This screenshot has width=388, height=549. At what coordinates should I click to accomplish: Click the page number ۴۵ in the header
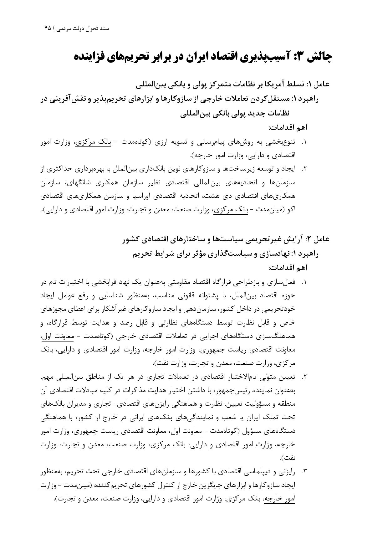(48, 28)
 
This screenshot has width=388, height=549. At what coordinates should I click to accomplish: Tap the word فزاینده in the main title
(94, 57)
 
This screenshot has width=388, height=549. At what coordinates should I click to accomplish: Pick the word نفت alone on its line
(288, 458)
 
